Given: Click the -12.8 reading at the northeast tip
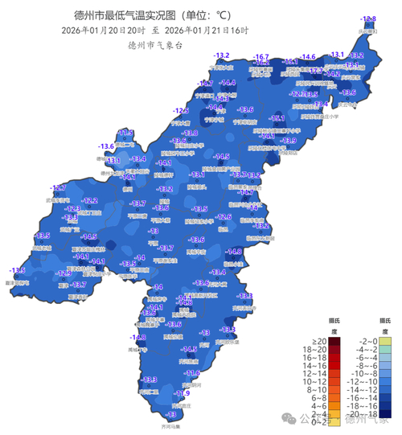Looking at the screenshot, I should tap(368, 18).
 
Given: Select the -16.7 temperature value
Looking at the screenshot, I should tap(260, 57).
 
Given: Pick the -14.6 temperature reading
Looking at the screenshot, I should tap(307, 57).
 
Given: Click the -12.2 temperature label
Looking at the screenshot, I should tap(89, 200).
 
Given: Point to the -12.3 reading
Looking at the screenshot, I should tap(73, 208).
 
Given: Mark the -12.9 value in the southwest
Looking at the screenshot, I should tap(65, 273).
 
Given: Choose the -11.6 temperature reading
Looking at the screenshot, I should tap(191, 373).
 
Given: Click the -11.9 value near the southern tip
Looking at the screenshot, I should tap(183, 393).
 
